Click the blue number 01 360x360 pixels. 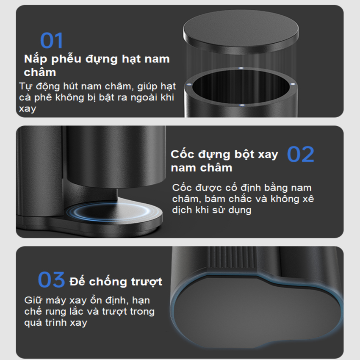tap(52, 41)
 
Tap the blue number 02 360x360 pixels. tap(301, 155)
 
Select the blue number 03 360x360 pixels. tap(52, 280)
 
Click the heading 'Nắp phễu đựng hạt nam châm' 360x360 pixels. tap(97, 65)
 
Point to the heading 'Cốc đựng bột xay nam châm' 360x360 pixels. tap(224, 161)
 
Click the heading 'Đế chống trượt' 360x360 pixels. tap(116, 281)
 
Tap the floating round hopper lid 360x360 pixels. tap(241, 32)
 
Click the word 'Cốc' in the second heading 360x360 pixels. tap(183, 154)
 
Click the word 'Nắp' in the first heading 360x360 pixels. tap(36, 59)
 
